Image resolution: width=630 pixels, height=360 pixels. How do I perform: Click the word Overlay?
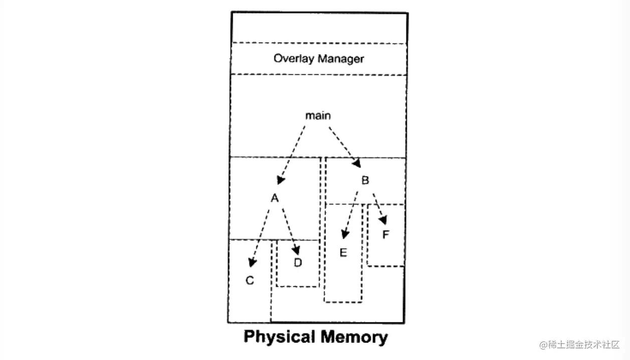290,59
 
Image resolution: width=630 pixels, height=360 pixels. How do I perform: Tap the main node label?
318,116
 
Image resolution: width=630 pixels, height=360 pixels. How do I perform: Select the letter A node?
274,199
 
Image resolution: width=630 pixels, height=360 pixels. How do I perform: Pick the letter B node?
365,180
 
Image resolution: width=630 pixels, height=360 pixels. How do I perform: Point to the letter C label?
250,280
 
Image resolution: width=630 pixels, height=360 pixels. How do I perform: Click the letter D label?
298,262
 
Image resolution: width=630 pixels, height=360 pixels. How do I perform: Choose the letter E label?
343,252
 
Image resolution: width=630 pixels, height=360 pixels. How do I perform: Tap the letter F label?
386,234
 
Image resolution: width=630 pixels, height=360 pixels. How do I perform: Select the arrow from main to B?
345,146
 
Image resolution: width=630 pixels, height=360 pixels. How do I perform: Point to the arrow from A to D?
290,231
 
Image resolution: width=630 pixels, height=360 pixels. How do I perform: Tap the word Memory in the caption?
354,337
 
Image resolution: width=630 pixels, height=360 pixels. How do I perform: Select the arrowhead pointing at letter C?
252,262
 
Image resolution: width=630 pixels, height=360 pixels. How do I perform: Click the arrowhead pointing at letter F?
384,220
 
